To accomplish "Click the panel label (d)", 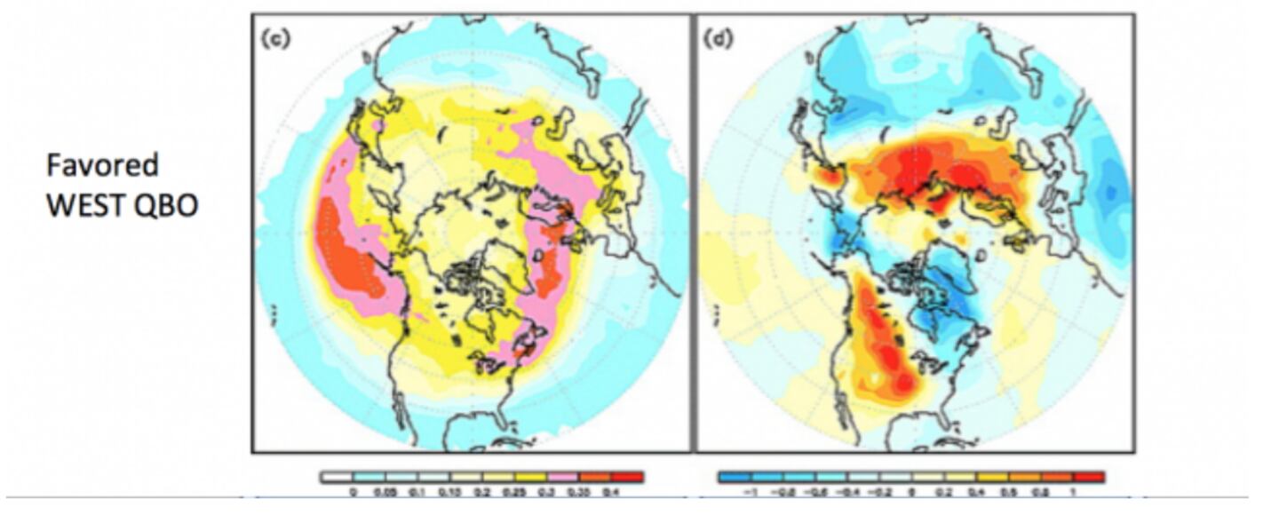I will (716, 41).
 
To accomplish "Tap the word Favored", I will (102, 165).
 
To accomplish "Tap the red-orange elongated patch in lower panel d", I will (879, 346).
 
